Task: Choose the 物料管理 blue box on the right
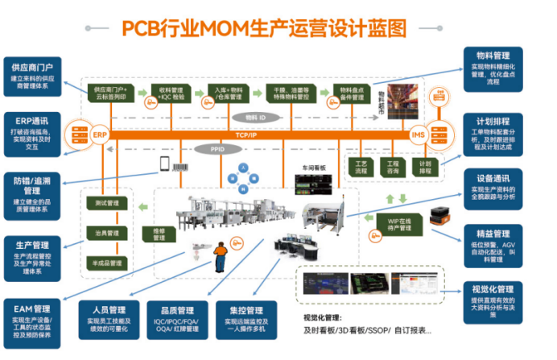pos(506,64)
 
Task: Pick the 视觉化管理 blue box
pos(506,297)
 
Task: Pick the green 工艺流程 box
pos(361,168)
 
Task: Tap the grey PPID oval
pos(217,149)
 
